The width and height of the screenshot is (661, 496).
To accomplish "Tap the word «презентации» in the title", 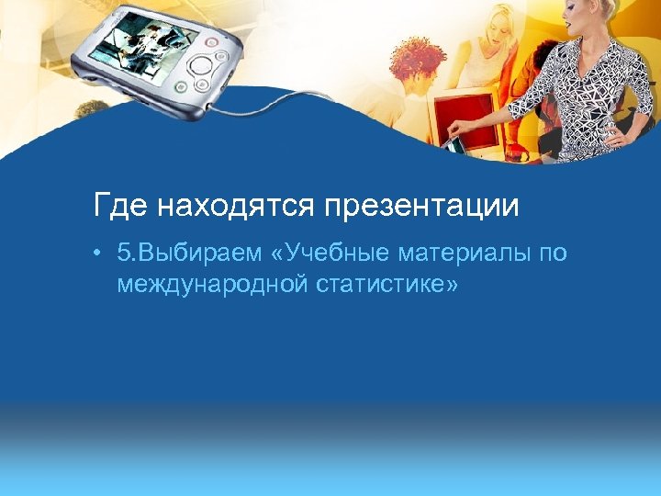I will pos(420,206).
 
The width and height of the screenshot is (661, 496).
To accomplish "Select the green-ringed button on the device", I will pos(181,88).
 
